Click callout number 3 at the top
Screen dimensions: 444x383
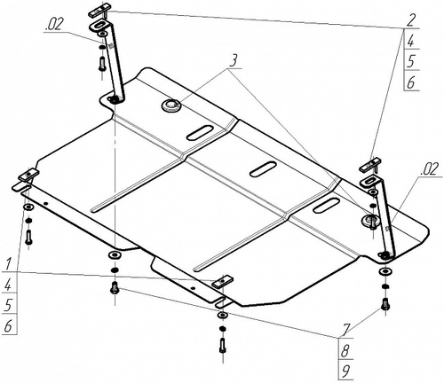(234, 61)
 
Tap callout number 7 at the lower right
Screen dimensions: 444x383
(345, 330)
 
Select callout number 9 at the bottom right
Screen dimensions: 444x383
(345, 371)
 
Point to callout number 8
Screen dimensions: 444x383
(345, 351)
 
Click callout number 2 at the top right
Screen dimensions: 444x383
(411, 20)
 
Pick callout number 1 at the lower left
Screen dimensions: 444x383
(8, 263)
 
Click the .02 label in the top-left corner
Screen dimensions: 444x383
(54, 25)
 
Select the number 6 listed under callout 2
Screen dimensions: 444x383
(411, 82)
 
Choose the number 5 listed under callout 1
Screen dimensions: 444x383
(8, 305)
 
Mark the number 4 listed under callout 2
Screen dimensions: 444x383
(411, 41)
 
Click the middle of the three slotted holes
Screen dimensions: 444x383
(264, 169)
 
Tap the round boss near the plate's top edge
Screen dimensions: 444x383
(171, 106)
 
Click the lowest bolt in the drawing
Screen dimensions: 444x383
(223, 346)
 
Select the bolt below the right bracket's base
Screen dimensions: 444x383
(385, 304)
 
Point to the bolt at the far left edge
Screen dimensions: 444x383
(28, 237)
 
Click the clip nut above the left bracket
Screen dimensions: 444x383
(99, 10)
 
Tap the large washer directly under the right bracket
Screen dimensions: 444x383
(385, 271)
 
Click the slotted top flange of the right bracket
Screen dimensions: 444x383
(370, 180)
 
